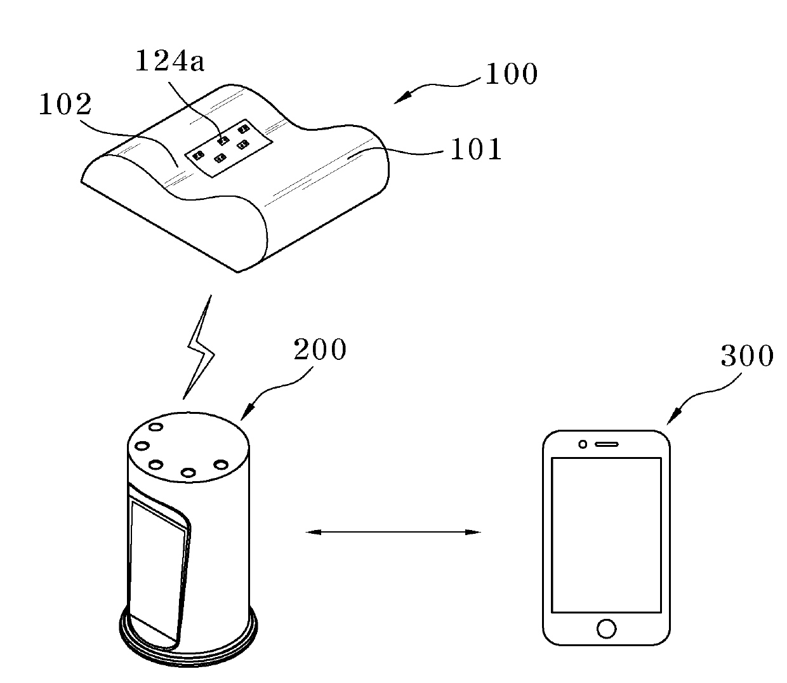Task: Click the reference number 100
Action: [x=511, y=74]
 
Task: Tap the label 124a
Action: [x=169, y=62]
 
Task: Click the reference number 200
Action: [x=320, y=350]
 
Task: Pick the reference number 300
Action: [x=747, y=356]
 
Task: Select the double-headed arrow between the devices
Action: [x=393, y=532]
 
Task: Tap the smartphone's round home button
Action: [x=606, y=628]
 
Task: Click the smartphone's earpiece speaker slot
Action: [x=607, y=444]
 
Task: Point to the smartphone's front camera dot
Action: [x=583, y=444]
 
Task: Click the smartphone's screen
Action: [x=606, y=534]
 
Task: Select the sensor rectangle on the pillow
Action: [x=229, y=146]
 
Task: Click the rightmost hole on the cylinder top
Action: [x=221, y=465]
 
